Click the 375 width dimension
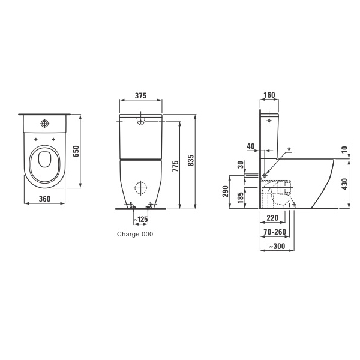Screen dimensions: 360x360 140,95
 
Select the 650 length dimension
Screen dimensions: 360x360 76,151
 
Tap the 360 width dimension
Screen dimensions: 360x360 44,199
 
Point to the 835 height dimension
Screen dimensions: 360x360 191,160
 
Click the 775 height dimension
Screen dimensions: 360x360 175,166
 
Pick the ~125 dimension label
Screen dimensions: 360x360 140,219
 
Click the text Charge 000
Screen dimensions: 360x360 135,234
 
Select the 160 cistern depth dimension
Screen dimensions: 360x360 269,95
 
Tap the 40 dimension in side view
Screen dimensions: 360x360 251,146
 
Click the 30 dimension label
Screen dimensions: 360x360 241,164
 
